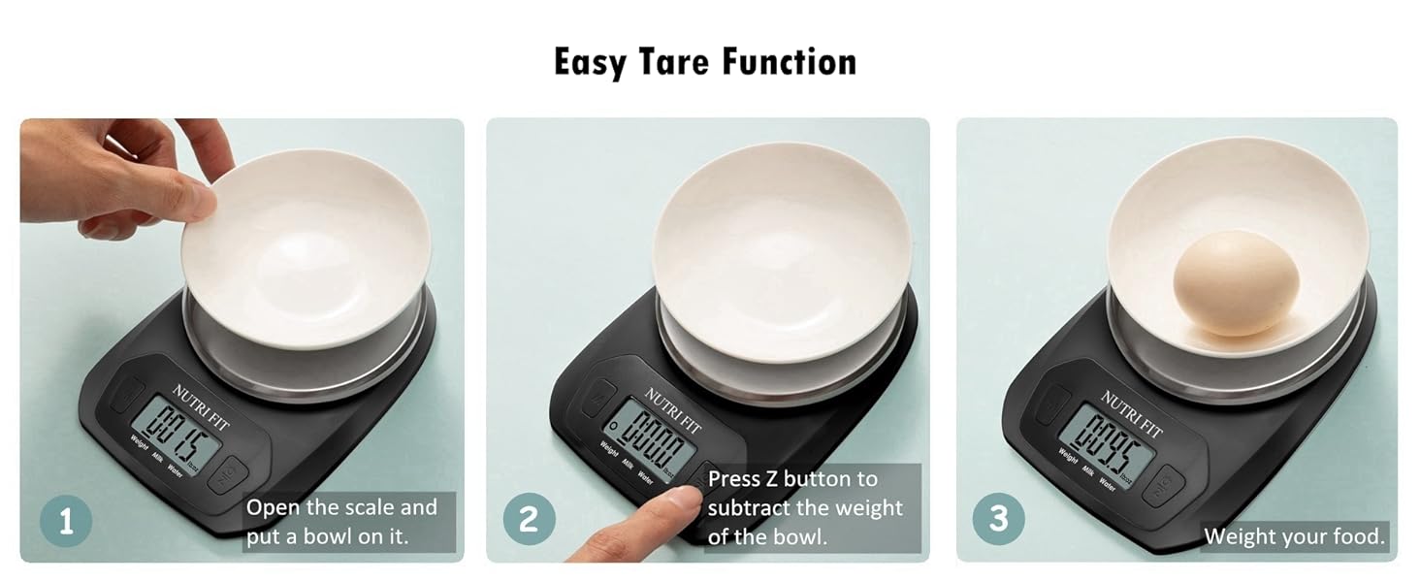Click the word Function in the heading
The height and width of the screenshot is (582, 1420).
pyautogui.click(x=789, y=62)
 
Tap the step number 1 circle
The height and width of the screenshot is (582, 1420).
pyautogui.click(x=66, y=521)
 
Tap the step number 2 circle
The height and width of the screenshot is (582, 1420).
pyautogui.click(x=529, y=521)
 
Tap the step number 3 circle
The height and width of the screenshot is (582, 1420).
pyautogui.click(x=999, y=519)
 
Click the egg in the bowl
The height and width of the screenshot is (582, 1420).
pyautogui.click(x=1236, y=282)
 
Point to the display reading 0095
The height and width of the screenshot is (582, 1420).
pyautogui.click(x=1108, y=438)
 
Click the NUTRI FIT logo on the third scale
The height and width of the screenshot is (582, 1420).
pyautogui.click(x=1131, y=413)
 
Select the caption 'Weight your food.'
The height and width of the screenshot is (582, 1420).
pyautogui.click(x=1294, y=536)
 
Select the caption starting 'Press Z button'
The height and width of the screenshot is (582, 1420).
pyautogui.click(x=805, y=507)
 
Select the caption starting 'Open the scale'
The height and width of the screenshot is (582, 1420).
pyautogui.click(x=341, y=521)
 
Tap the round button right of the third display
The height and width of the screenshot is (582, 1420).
pyautogui.click(x=1162, y=484)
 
